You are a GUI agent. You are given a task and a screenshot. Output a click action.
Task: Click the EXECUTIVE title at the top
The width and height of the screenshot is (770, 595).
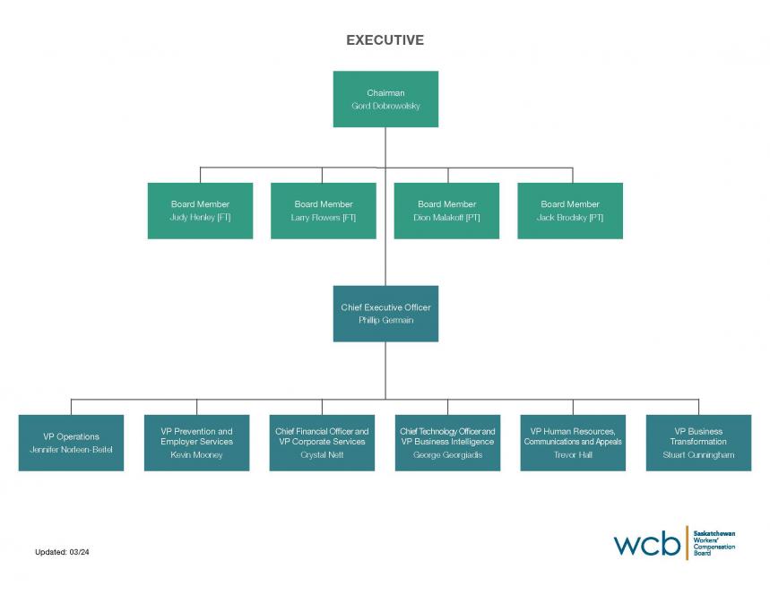[x=385, y=40]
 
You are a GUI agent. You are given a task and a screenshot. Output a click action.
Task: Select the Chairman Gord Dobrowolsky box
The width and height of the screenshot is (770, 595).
[x=385, y=99]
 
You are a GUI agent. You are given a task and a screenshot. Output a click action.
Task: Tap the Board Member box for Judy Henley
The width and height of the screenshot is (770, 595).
[x=200, y=211]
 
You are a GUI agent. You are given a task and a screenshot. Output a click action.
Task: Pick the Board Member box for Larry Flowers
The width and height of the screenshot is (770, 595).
[x=324, y=211]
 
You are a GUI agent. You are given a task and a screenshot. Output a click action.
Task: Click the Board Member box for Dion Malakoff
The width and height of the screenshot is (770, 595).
[x=446, y=211]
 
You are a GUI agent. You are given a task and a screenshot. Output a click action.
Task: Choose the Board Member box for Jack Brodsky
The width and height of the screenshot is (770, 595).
[x=570, y=211]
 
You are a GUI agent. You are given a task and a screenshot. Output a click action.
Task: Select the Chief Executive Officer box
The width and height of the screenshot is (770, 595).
[x=385, y=314]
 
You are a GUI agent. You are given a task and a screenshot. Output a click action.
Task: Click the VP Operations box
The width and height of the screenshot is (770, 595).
[x=71, y=443]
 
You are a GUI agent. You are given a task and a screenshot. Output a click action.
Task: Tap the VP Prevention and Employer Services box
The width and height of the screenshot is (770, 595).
[x=196, y=443]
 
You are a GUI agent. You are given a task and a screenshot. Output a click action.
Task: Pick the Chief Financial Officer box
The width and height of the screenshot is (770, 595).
[x=322, y=443]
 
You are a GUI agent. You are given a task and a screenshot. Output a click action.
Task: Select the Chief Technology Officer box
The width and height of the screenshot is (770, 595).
[x=447, y=443]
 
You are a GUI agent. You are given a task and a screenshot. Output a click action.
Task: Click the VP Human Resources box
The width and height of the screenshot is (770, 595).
[x=573, y=443]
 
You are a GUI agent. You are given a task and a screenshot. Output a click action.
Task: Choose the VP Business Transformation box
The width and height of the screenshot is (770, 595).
[x=698, y=443]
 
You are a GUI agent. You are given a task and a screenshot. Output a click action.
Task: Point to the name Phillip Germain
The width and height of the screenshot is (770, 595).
[x=385, y=321]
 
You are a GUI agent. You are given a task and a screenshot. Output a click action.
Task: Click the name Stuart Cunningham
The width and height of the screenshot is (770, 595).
[x=698, y=455]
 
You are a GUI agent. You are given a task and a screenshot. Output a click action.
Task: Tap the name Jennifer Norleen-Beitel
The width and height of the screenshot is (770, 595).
[x=71, y=449]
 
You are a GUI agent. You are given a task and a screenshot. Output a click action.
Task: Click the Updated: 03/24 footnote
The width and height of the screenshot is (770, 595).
[x=62, y=552]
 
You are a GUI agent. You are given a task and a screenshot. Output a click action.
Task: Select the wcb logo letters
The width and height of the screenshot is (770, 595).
[x=646, y=543]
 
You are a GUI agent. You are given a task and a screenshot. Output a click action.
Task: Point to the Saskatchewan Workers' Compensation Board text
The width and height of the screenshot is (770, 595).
[x=714, y=543]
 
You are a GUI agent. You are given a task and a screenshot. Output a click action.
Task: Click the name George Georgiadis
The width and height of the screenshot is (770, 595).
[x=447, y=455]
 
